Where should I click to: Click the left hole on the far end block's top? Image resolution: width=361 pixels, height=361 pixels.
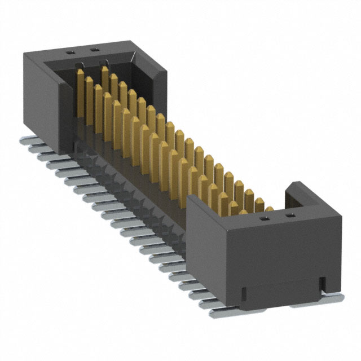click(72, 52)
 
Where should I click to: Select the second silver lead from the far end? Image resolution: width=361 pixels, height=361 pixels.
click(34, 146)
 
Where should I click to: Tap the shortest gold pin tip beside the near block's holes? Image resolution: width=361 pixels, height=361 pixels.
click(270, 209)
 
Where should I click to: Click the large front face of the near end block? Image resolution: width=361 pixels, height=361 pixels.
click(282, 254)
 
